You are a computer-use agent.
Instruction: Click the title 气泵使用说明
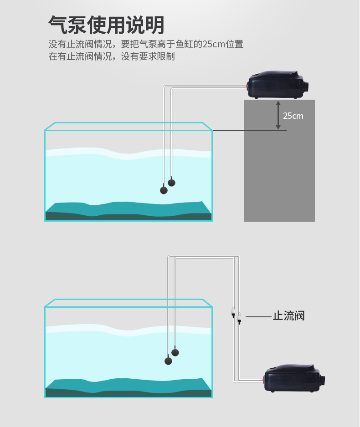[106, 25]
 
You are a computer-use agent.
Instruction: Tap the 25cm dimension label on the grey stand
[293, 116]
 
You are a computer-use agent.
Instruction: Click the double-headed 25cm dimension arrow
[278, 115]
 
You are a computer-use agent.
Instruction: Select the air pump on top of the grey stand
[278, 85]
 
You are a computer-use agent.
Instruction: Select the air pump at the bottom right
[294, 378]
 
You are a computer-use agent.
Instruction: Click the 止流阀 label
[288, 316]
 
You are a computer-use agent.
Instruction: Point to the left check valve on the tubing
[233, 312]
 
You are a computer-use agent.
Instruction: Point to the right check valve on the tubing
[239, 318]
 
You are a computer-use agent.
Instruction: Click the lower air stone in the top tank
[164, 190]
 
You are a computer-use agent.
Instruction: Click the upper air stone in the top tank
[171, 183]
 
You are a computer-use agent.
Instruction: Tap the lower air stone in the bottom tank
[168, 361]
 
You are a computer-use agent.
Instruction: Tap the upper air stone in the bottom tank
[175, 352]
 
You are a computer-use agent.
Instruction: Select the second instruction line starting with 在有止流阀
[112, 56]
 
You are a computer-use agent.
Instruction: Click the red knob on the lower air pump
[264, 379]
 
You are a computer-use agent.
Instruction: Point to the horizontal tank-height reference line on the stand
[250, 131]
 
